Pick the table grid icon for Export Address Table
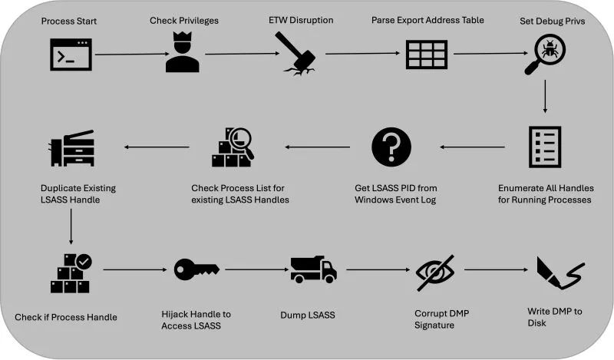pyautogui.click(x=427, y=54)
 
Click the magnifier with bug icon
pyautogui.click(x=545, y=55)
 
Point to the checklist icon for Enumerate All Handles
pyautogui.click(x=545, y=147)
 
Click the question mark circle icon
pyautogui.click(x=391, y=147)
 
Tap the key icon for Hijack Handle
pyautogui.click(x=196, y=269)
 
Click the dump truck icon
pyautogui.click(x=313, y=269)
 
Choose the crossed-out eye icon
pyautogui.click(x=435, y=272)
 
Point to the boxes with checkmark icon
pyautogui.click(x=71, y=272)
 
